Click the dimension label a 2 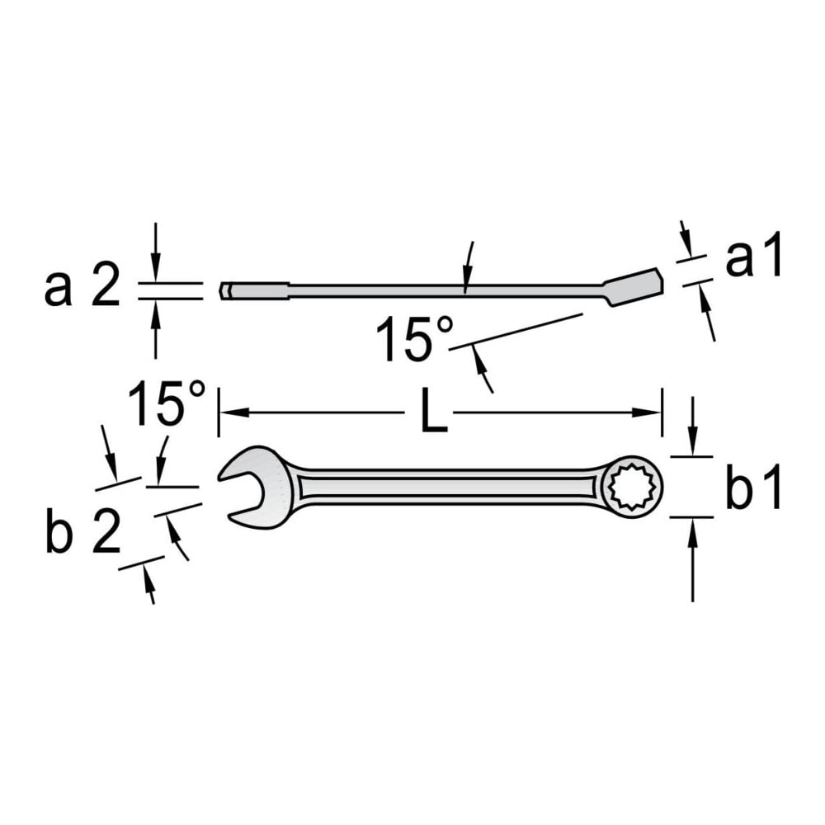[82, 289]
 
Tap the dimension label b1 [753, 488]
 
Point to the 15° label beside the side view [413, 339]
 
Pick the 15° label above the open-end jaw [166, 403]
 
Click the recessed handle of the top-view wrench [448, 488]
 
